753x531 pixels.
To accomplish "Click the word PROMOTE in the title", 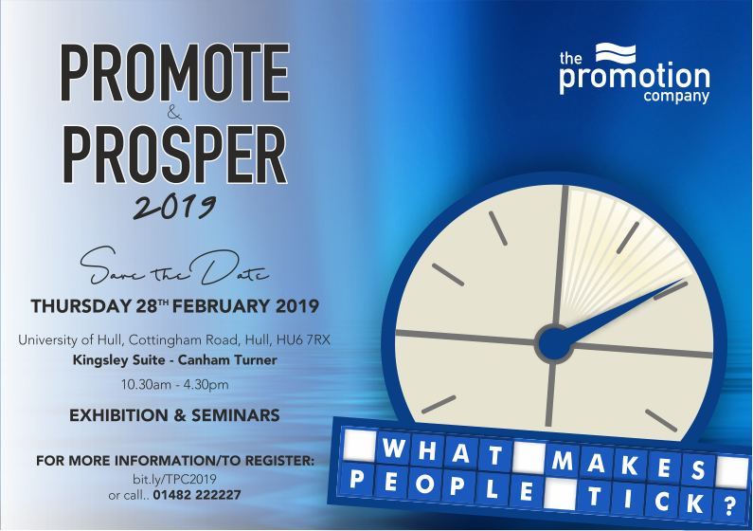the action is coord(174,73).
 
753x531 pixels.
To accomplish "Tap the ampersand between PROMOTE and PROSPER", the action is coord(174,114).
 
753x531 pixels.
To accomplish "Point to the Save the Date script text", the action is coord(174,266).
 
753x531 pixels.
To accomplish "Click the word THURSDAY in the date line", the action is coord(81,306).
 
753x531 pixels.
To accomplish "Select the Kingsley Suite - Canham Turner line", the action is coord(175,360).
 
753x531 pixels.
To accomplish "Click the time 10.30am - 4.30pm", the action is coord(175,385).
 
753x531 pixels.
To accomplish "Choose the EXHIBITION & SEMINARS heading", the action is coord(174,415).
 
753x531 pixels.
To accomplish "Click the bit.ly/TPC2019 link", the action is coord(174,479).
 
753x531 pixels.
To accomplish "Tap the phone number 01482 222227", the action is coord(197,494).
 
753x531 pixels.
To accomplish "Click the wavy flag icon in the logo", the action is coord(616,53).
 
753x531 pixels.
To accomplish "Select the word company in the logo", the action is coord(676,96).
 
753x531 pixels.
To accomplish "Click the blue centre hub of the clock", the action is coord(555,343).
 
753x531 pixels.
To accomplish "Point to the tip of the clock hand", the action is coord(684,278).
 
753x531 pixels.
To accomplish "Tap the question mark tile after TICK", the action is coord(729,505).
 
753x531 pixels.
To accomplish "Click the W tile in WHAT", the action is coord(394,448).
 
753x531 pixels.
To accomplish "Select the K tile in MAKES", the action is coord(630,466).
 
